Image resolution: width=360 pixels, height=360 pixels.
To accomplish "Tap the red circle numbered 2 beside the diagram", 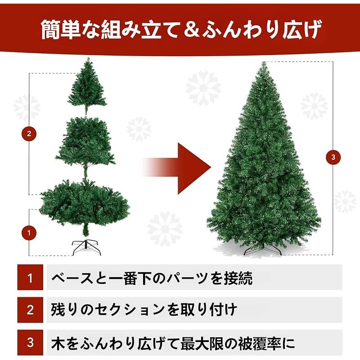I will coord(29,133).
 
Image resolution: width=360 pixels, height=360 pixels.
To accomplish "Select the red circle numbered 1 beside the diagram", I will coord(29,233).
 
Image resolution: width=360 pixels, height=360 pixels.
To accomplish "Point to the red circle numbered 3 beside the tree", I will coord(333,157).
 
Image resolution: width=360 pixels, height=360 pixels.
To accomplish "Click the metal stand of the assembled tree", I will coord(263,249).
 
